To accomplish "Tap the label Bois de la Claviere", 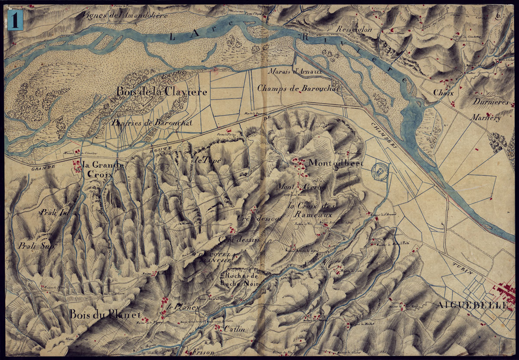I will click(161, 92).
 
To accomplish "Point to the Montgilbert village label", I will click(335, 163).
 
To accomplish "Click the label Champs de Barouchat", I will click(298, 88).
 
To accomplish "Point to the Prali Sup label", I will click(38, 246).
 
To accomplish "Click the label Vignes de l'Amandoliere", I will click(124, 16).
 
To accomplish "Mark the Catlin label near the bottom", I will click(234, 329).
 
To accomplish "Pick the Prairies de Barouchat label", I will click(151, 123).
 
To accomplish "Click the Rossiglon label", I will click(354, 29).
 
